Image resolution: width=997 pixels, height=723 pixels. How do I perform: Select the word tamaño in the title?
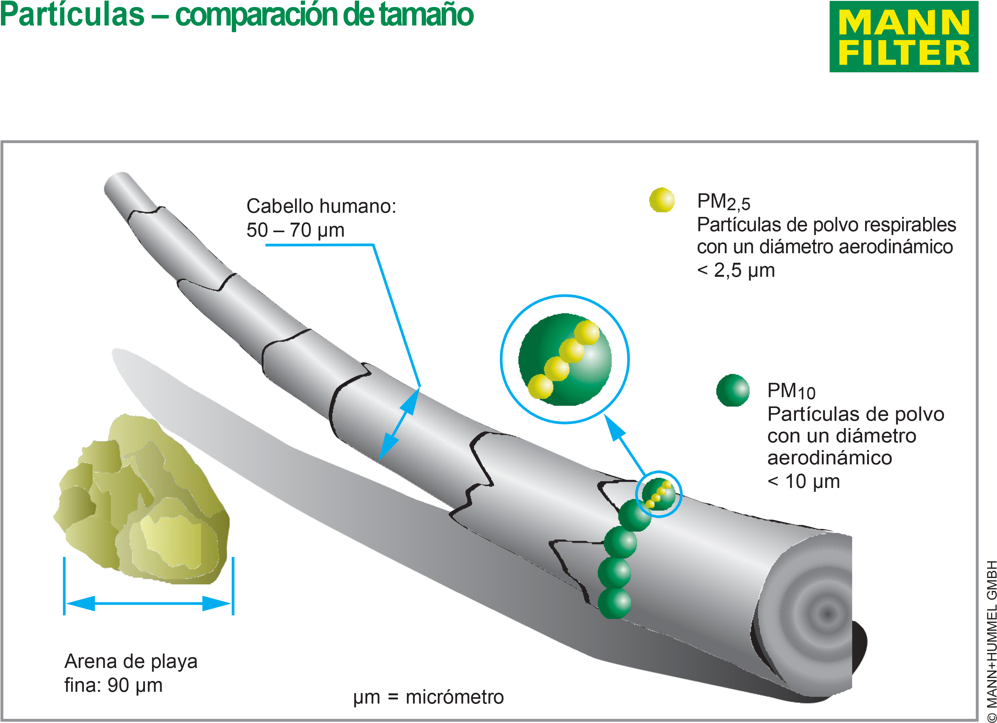pyautogui.click(x=426, y=15)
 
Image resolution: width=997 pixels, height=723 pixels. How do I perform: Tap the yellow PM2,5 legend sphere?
pyautogui.click(x=661, y=200)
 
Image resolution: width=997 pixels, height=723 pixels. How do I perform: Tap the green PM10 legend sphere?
pyautogui.click(x=733, y=390)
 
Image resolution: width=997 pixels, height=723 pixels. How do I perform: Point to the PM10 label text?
pyautogui.click(x=791, y=391)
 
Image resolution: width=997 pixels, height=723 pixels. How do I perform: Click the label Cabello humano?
pyautogui.click(x=321, y=206)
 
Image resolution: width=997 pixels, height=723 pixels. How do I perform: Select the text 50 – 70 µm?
pyautogui.click(x=295, y=230)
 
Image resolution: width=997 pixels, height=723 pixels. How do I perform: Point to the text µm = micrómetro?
pyautogui.click(x=428, y=698)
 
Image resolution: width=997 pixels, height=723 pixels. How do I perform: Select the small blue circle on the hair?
pyautogui.click(x=659, y=494)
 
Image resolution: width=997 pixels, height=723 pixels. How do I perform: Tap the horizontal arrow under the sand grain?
pyautogui.click(x=148, y=604)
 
